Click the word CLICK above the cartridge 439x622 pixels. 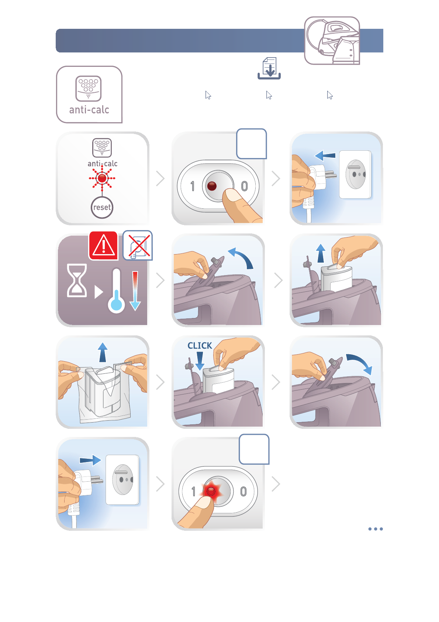tap(200, 345)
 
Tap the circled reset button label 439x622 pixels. tap(102, 208)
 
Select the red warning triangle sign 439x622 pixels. tap(103, 246)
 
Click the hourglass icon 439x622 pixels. tap(77, 280)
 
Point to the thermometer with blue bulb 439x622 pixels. tap(117, 290)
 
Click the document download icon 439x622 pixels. tap(269, 68)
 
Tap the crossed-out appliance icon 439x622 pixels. tap(138, 245)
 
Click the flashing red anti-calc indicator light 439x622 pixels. tap(102, 178)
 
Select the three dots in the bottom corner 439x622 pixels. tap(376, 529)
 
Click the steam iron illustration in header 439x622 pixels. tap(332, 41)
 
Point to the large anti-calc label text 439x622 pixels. tap(89, 110)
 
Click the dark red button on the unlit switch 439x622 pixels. tap(212, 186)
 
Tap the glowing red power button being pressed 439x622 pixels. tap(211, 492)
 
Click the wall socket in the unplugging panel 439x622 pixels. tap(355, 174)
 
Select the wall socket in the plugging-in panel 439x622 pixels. tap(122, 479)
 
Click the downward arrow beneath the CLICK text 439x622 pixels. tap(200, 361)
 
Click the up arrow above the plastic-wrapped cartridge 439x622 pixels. tap(103, 352)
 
